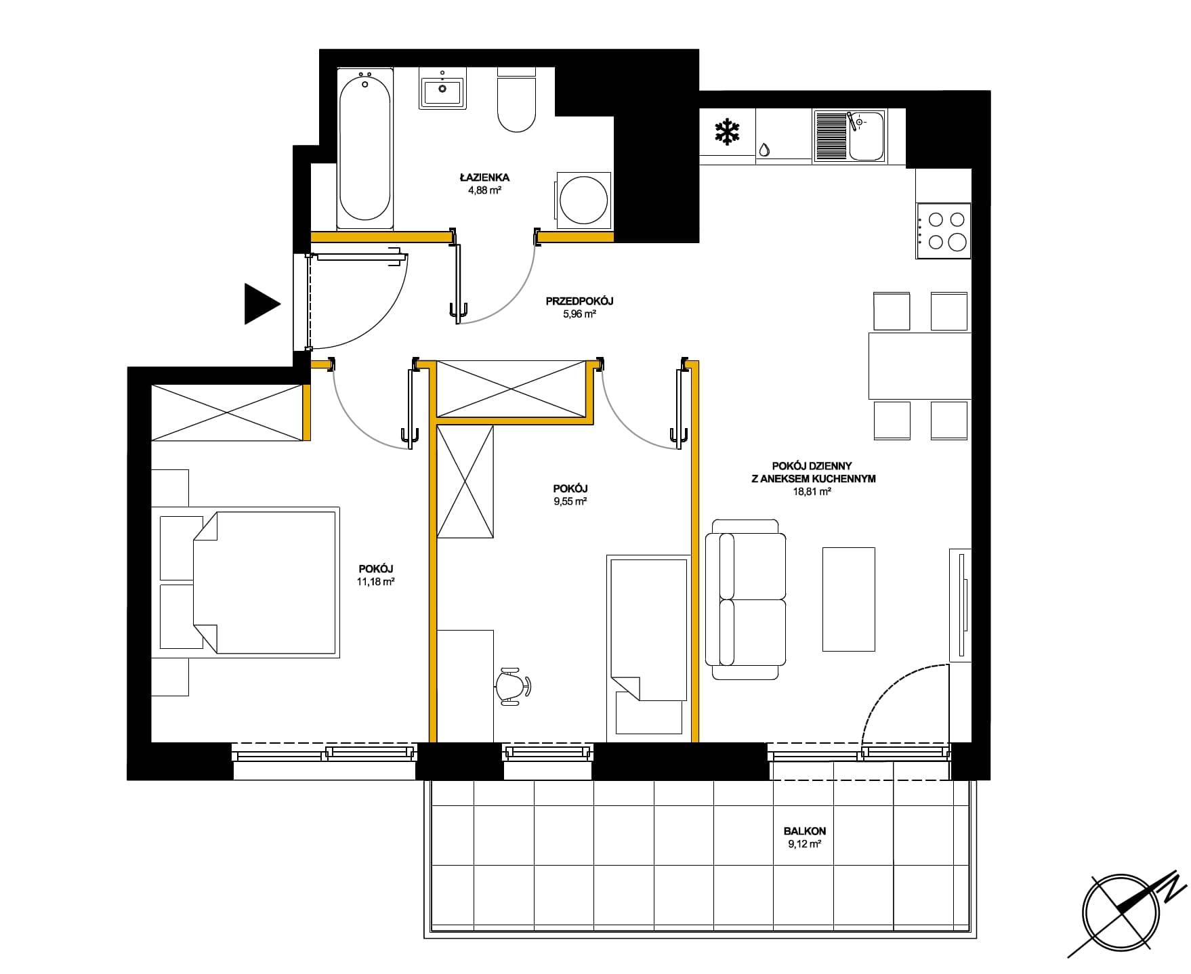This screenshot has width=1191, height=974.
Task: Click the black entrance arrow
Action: click(x=261, y=304)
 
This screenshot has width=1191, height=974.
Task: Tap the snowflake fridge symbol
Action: click(x=727, y=131)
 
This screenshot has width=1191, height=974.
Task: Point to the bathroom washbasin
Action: click(x=442, y=88)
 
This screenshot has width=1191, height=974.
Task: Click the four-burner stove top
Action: click(x=944, y=230)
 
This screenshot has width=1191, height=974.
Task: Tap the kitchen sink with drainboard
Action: click(x=849, y=136)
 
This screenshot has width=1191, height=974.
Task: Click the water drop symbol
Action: click(x=764, y=150)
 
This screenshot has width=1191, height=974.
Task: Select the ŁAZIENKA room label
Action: click(x=484, y=177)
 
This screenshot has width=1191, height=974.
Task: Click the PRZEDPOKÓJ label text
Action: click(x=579, y=301)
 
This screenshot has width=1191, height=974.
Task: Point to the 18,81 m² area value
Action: click(x=812, y=492)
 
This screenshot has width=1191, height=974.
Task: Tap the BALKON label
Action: click(x=804, y=830)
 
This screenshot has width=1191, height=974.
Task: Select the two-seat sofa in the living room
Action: click(x=745, y=599)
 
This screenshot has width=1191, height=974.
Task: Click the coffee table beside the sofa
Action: click(x=849, y=599)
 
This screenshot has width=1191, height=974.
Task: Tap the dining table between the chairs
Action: click(x=920, y=365)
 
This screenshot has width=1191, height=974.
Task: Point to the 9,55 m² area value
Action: click(x=570, y=501)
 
